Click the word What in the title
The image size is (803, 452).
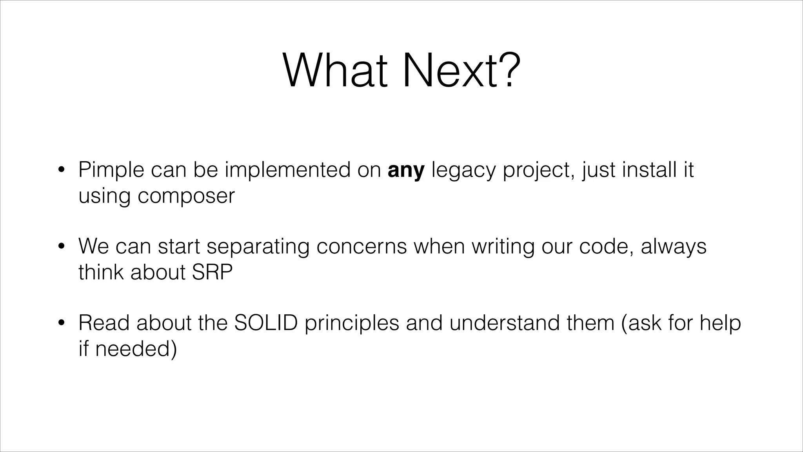point(335,71)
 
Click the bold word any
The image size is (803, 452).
point(406,171)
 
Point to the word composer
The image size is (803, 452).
point(186,196)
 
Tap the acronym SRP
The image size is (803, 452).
point(212,272)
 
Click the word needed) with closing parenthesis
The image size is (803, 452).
point(136,348)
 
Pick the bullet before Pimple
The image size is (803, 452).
point(61,171)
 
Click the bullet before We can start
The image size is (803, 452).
point(61,247)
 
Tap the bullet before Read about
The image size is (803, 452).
point(61,323)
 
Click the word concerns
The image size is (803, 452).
point(362,247)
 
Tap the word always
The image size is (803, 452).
point(673,247)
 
